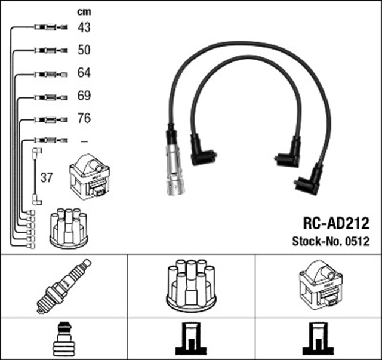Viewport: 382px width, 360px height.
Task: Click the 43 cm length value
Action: pyautogui.click(x=84, y=27)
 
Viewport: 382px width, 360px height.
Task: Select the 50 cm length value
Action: pyautogui.click(x=84, y=50)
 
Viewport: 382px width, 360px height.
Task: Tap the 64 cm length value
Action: pyautogui.click(x=84, y=73)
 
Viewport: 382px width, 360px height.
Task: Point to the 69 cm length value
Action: pyautogui.click(x=84, y=96)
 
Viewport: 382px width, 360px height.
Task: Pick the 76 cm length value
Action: pyautogui.click(x=84, y=118)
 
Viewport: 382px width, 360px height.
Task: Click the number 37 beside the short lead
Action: pyautogui.click(x=47, y=177)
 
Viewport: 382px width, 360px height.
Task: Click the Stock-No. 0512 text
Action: pyautogui.click(x=331, y=242)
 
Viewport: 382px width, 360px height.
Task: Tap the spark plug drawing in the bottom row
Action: pyautogui.click(x=63, y=285)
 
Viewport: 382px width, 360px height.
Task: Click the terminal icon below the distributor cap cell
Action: pyautogui.click(x=190, y=340)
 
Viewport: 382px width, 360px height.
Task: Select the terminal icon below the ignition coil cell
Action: pyautogui.click(x=318, y=340)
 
